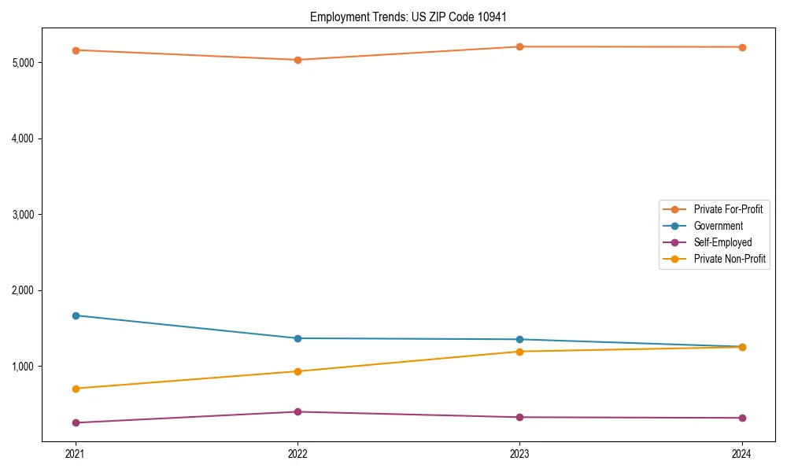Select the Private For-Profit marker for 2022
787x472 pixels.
(x=297, y=60)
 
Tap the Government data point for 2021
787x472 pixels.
(x=76, y=315)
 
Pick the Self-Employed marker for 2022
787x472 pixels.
(x=297, y=411)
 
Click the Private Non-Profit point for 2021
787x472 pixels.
(x=76, y=389)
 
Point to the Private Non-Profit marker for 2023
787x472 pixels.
(x=519, y=352)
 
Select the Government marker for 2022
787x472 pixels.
(x=297, y=338)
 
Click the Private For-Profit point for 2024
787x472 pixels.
(x=742, y=47)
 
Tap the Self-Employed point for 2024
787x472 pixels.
(x=742, y=418)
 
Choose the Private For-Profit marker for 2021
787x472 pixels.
(x=76, y=50)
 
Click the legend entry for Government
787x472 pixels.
(x=718, y=226)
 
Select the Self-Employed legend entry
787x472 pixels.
(x=722, y=242)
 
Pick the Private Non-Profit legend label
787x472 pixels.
(x=730, y=259)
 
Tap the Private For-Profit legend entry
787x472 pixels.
(x=727, y=209)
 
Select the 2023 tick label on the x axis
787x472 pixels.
(x=519, y=454)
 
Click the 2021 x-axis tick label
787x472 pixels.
(x=76, y=454)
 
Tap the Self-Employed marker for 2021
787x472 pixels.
(x=76, y=422)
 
